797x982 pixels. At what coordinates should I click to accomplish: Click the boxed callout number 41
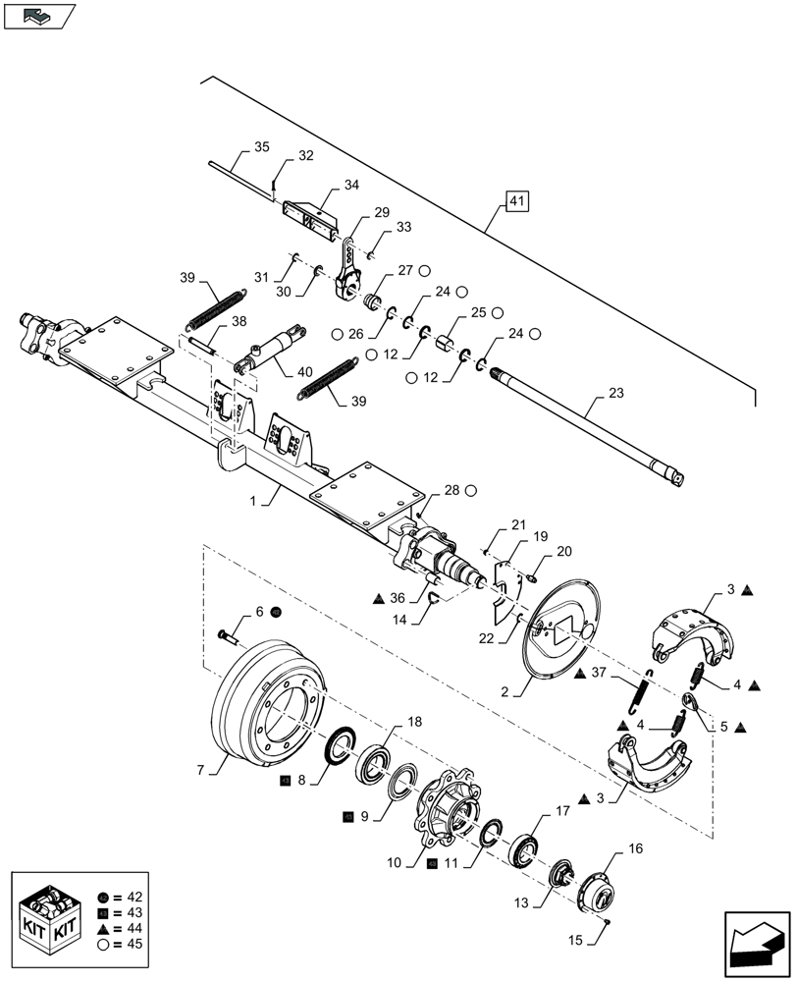pos(517,203)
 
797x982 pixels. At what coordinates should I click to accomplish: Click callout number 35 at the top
pos(261,148)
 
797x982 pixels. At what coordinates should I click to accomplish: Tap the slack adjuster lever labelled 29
pos(348,274)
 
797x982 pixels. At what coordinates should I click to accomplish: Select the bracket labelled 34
pos(310,215)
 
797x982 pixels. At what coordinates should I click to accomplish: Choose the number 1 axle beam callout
pos(252,501)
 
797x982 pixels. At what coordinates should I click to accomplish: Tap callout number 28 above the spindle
pos(452,489)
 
